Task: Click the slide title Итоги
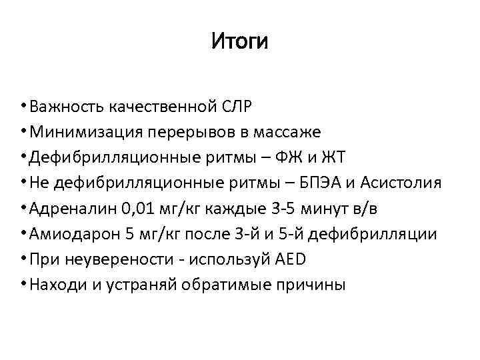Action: (x=239, y=42)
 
